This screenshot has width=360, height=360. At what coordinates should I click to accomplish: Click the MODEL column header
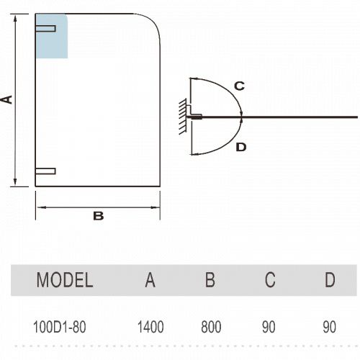click(65, 280)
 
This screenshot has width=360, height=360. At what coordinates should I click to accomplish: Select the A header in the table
click(150, 280)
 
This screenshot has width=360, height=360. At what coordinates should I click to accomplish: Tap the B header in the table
click(210, 280)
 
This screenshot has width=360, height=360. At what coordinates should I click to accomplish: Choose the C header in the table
click(270, 280)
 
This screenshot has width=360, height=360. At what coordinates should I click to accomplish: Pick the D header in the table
click(330, 280)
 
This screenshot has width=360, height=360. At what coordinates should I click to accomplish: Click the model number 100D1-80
click(59, 327)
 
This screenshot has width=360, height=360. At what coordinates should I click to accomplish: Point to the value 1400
click(150, 327)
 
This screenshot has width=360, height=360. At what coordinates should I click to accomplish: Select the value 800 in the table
click(211, 327)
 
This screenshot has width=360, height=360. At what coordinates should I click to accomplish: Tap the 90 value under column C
click(269, 327)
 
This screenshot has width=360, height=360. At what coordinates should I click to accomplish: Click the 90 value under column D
click(329, 327)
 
